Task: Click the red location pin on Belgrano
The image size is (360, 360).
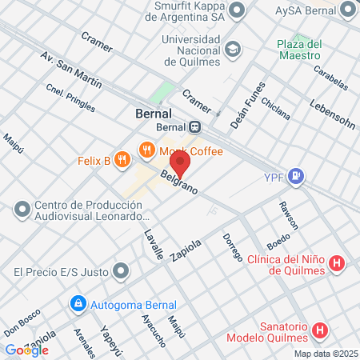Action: (x=180, y=163)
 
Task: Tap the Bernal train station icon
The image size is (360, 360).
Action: (x=195, y=126)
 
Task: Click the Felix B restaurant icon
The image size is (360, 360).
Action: (x=122, y=159)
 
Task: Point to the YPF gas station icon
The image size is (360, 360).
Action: (x=297, y=175)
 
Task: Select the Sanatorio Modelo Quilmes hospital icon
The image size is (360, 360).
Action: (x=321, y=330)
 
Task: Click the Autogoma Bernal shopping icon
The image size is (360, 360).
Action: (x=78, y=304)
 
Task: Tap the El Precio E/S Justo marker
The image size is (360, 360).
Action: (x=121, y=271)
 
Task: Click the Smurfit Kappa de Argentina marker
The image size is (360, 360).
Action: (x=237, y=10)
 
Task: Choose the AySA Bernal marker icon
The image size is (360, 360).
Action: (x=348, y=10)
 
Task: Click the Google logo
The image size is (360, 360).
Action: (x=26, y=350)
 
